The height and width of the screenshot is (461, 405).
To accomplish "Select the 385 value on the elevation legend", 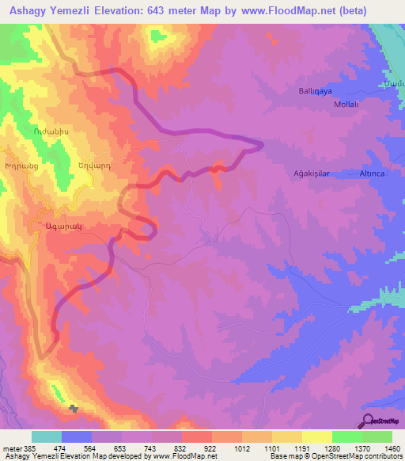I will pyautogui.click(x=24, y=448).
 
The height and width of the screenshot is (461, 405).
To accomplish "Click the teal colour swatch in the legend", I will pyautogui.click(x=47, y=436).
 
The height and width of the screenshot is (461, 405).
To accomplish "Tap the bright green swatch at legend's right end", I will pyautogui.click(x=377, y=436).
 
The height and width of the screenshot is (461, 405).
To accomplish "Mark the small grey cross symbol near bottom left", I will pyautogui.click(x=74, y=409).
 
